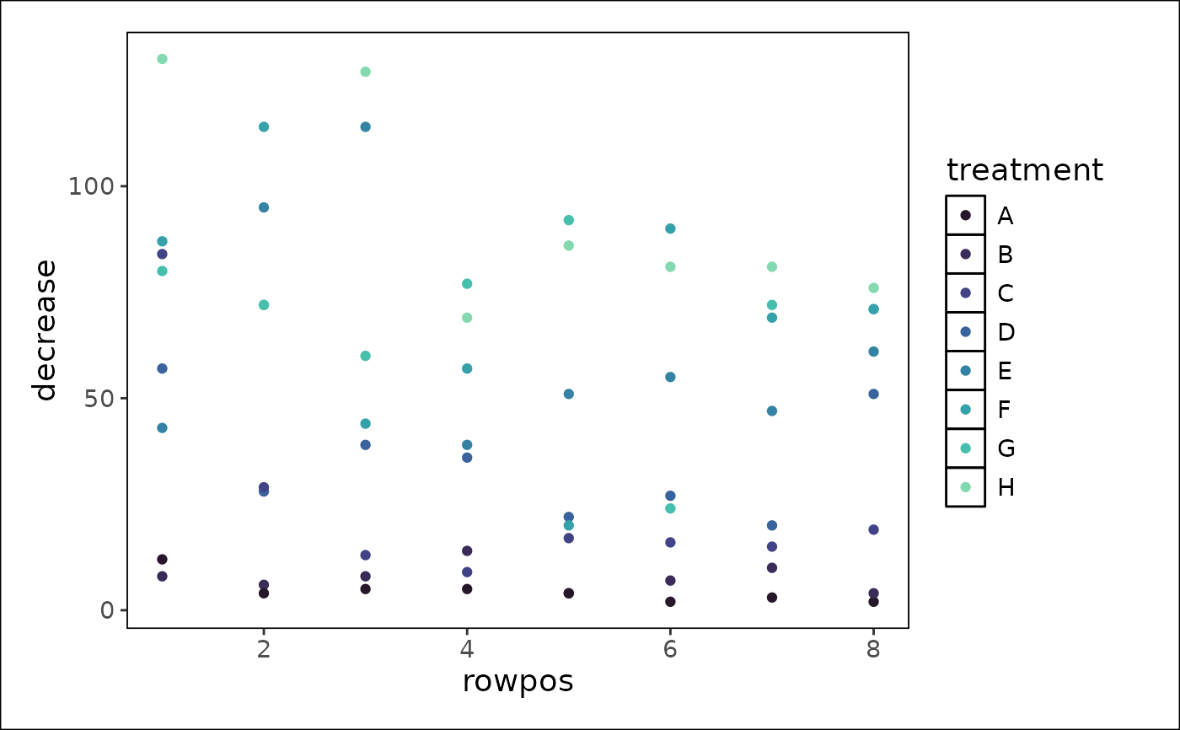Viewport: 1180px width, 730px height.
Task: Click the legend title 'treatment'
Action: click(1024, 170)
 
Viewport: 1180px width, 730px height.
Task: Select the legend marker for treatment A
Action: click(965, 216)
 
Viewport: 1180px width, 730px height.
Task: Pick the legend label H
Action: click(1006, 487)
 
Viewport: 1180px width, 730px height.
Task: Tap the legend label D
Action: click(1006, 332)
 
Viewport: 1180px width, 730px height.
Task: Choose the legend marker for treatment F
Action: click(965, 410)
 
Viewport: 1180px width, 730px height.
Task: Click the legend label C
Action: click(1006, 293)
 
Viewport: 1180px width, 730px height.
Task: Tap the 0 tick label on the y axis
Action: click(107, 609)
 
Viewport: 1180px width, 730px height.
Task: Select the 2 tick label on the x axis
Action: click(264, 650)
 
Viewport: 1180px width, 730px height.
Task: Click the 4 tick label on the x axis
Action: click(467, 650)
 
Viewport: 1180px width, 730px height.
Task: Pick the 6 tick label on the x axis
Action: click(670, 650)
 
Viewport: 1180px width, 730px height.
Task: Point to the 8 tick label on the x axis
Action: click(873, 650)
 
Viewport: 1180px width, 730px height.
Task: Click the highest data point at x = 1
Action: click(162, 59)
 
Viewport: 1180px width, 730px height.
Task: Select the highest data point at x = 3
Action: click(365, 72)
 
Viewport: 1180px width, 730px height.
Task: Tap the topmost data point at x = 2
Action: click(264, 126)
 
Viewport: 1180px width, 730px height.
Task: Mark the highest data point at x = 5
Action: click(568, 220)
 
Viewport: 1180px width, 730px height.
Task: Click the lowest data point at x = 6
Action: click(670, 602)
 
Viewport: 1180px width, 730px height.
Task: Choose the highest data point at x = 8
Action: click(873, 287)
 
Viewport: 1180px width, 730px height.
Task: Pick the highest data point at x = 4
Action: click(467, 283)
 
